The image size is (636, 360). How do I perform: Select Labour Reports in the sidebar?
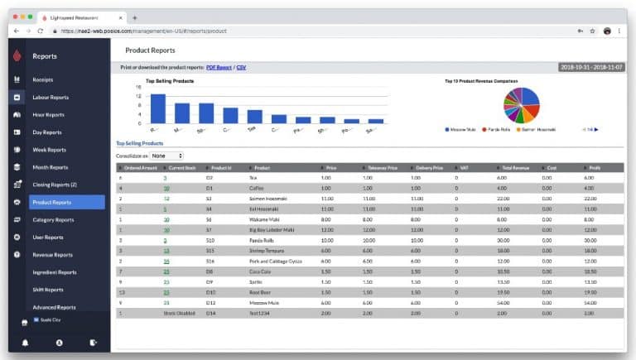click(x=51, y=97)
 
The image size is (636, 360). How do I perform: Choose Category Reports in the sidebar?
click(x=53, y=219)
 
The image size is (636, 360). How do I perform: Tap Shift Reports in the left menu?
click(x=48, y=290)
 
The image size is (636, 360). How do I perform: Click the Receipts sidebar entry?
click(x=43, y=79)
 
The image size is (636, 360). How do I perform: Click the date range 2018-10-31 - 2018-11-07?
click(x=592, y=67)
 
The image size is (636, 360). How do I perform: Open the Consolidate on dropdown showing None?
click(x=166, y=156)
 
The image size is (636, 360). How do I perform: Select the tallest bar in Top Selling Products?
click(x=157, y=108)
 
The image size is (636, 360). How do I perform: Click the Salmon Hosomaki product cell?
click(x=267, y=198)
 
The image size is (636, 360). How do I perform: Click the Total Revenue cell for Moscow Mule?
click(x=502, y=302)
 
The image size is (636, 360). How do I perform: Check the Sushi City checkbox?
click(x=36, y=319)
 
